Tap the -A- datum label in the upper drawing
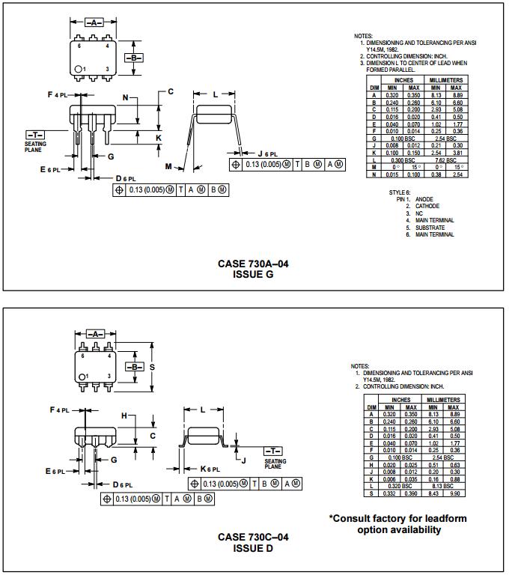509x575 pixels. tap(94, 23)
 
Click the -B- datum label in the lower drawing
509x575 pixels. tap(134, 367)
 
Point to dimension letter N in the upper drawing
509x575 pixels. tap(126, 98)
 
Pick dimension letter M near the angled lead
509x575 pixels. tap(168, 166)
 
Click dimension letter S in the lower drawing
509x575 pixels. tap(152, 368)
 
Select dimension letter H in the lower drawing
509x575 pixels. tap(124, 416)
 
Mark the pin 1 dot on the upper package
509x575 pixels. tap(79, 70)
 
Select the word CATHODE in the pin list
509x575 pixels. tap(427, 206)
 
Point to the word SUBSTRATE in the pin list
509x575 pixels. tap(430, 228)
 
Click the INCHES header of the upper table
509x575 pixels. tap(403, 80)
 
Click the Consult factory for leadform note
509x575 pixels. tap(398, 523)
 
